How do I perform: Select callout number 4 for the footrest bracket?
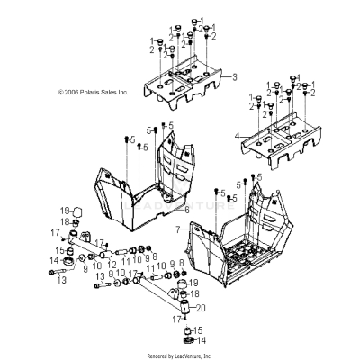click(x=238, y=136)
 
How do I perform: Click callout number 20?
click(x=201, y=308)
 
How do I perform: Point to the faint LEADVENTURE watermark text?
click(x=180, y=204)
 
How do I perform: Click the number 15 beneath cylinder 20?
click(x=200, y=330)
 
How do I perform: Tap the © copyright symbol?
click(x=61, y=92)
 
